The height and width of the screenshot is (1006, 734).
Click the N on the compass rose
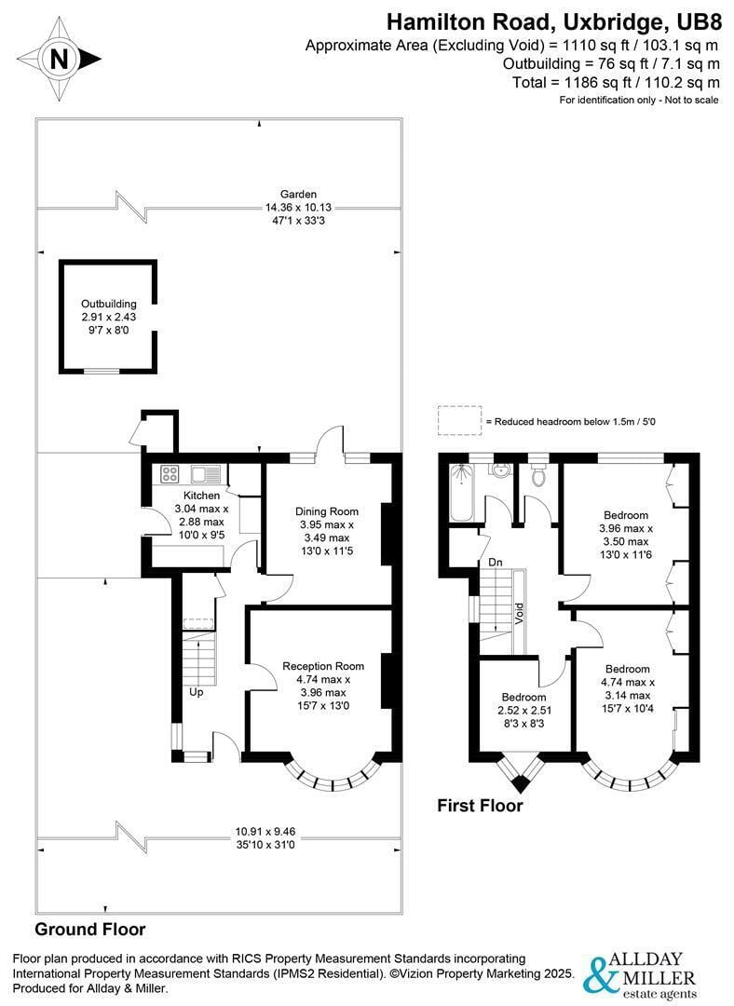click(x=59, y=60)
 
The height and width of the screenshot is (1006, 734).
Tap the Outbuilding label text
click(x=108, y=304)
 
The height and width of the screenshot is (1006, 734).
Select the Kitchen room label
click(x=201, y=496)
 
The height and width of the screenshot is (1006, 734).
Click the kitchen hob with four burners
click(x=170, y=474)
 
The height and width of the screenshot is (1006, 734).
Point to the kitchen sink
click(x=205, y=474)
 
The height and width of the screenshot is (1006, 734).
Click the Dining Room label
click(x=327, y=511)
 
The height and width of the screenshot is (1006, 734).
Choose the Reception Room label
click(x=323, y=667)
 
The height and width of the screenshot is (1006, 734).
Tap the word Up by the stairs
click(x=197, y=692)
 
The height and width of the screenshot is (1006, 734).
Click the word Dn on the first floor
click(x=496, y=562)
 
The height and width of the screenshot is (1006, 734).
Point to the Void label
click(x=519, y=614)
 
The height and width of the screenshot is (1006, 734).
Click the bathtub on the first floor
click(x=461, y=492)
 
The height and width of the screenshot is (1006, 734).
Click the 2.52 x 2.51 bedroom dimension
click(x=524, y=710)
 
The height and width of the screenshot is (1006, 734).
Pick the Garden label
click(x=298, y=194)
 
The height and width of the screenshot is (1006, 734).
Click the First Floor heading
click(x=480, y=806)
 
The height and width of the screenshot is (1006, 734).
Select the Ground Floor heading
click(x=89, y=929)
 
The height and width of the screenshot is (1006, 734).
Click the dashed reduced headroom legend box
click(x=459, y=421)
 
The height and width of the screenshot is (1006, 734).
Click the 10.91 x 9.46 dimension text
click(x=265, y=832)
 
